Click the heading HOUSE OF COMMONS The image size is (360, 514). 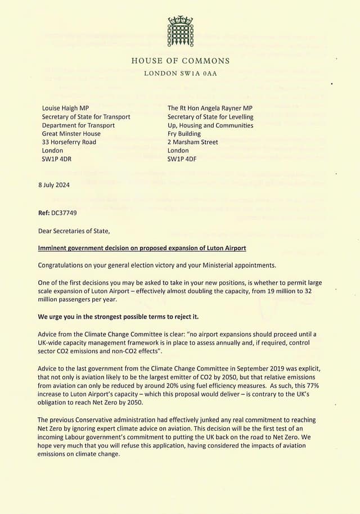tap(180, 61)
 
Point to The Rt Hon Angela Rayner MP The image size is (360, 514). tap(210, 108)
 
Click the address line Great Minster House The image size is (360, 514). tap(71, 134)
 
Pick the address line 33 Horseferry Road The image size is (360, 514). tap(69, 142)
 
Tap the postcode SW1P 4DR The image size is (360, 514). tap(57, 159)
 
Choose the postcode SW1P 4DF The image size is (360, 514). tap(182, 159)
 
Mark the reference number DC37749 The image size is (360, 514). tap(67, 213)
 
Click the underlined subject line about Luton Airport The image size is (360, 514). tap(142, 248)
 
